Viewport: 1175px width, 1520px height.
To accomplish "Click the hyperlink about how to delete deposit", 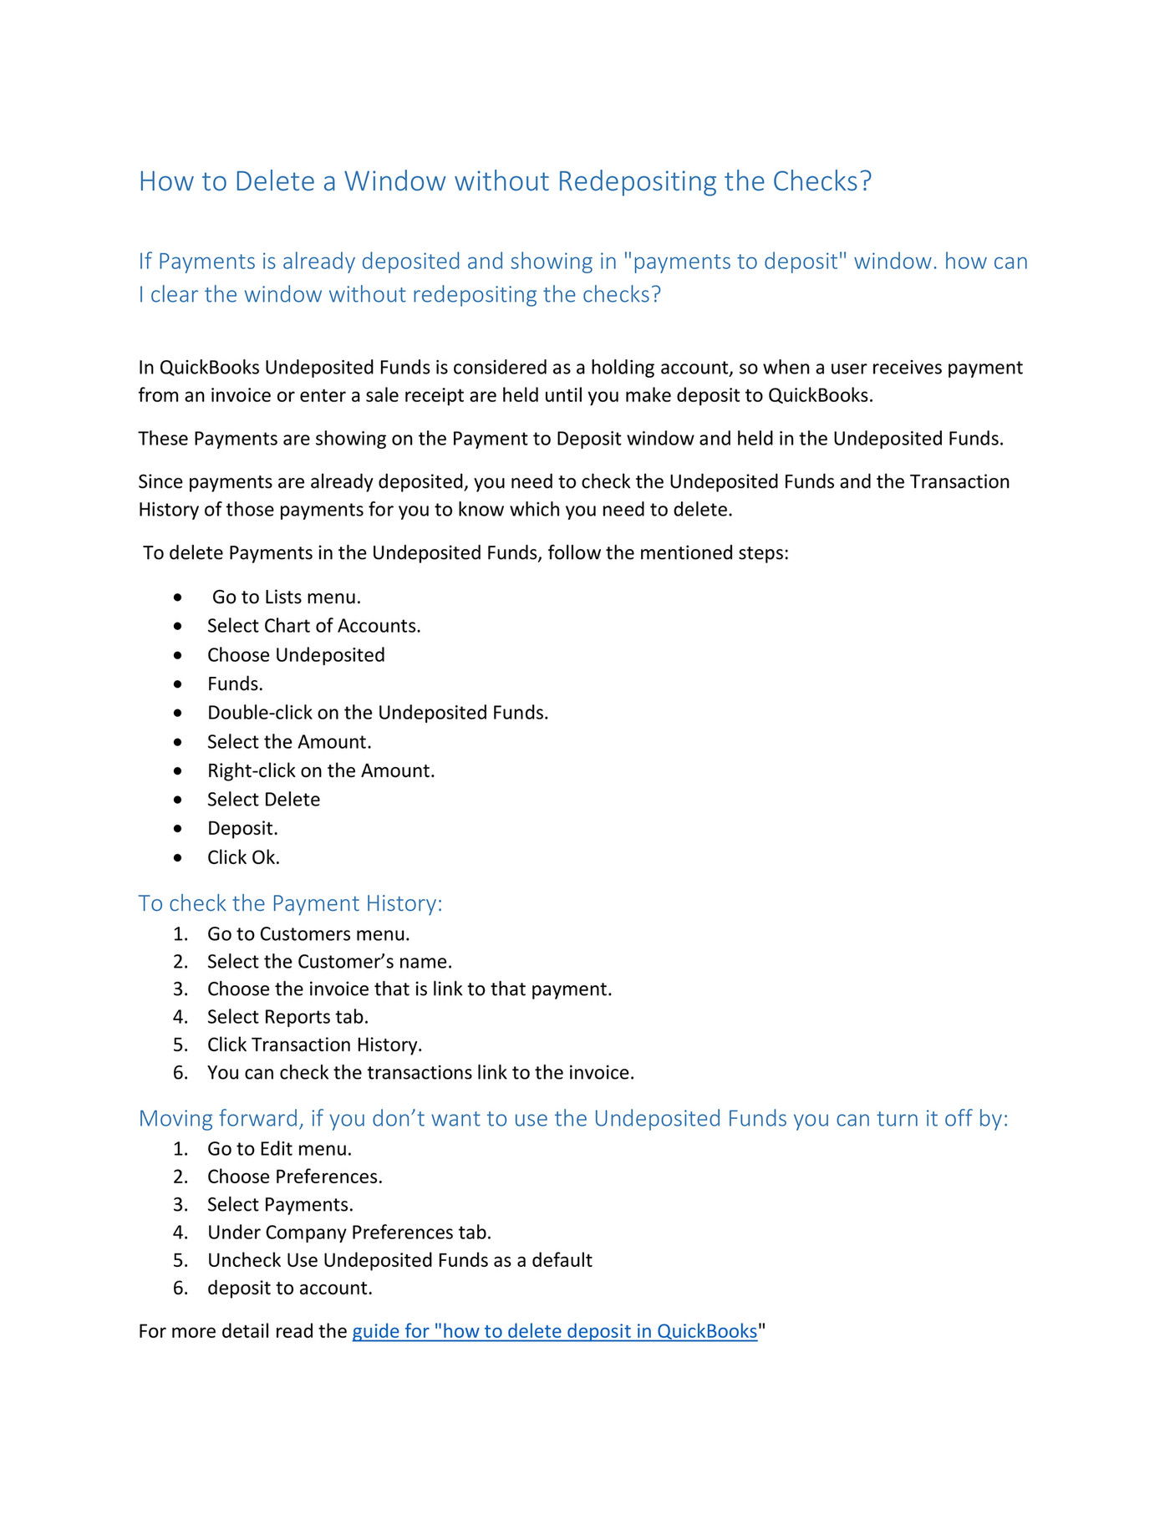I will (x=554, y=1331).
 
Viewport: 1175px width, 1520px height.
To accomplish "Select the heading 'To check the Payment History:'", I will (x=290, y=903).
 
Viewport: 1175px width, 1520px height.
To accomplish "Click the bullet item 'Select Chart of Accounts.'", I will (x=313, y=626).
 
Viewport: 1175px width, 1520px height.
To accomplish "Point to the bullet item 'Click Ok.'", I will (x=243, y=857).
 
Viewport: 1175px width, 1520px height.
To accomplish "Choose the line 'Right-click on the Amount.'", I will (x=321, y=770).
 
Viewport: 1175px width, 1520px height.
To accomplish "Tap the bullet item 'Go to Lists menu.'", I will (x=286, y=597).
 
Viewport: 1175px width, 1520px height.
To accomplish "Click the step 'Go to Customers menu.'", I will (x=308, y=934).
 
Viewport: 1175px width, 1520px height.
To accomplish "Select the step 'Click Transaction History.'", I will (x=314, y=1045).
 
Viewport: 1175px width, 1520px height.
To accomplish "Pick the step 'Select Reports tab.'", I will (x=287, y=1017).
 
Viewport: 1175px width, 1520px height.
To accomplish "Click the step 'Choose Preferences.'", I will (x=294, y=1177).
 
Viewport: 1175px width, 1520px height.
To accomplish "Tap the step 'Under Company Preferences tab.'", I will (x=349, y=1233).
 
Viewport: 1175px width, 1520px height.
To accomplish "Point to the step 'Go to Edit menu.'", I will (x=279, y=1149).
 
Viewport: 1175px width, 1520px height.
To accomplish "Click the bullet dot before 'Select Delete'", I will (x=178, y=800).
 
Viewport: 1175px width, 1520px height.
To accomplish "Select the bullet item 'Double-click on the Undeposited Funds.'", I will (x=378, y=713).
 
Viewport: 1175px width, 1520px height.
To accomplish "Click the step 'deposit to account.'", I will (x=289, y=1288).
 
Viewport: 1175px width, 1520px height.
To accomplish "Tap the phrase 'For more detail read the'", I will (x=242, y=1331).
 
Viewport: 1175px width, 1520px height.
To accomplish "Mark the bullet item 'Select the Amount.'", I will (x=289, y=742).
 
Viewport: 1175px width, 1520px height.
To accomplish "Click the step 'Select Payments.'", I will (x=280, y=1204).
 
